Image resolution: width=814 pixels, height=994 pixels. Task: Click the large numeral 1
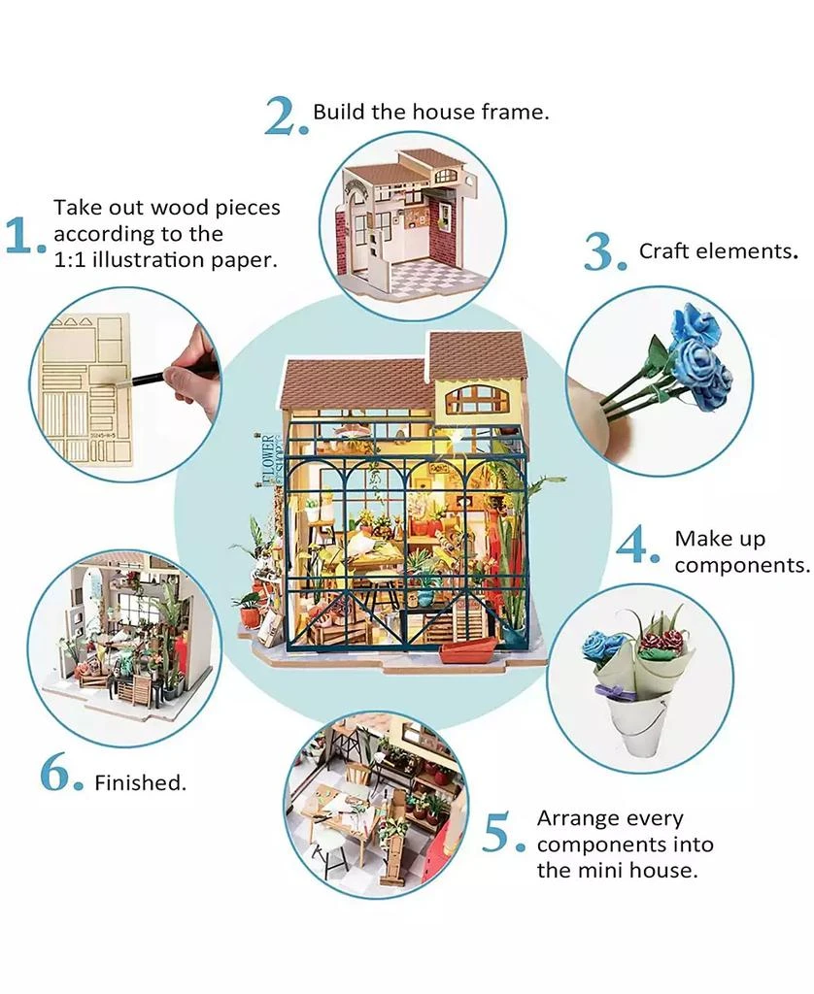[21, 237]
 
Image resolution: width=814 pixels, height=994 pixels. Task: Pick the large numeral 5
[502, 833]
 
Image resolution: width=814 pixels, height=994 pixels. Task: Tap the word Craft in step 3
[662, 251]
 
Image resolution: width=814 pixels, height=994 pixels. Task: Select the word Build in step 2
[338, 112]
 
